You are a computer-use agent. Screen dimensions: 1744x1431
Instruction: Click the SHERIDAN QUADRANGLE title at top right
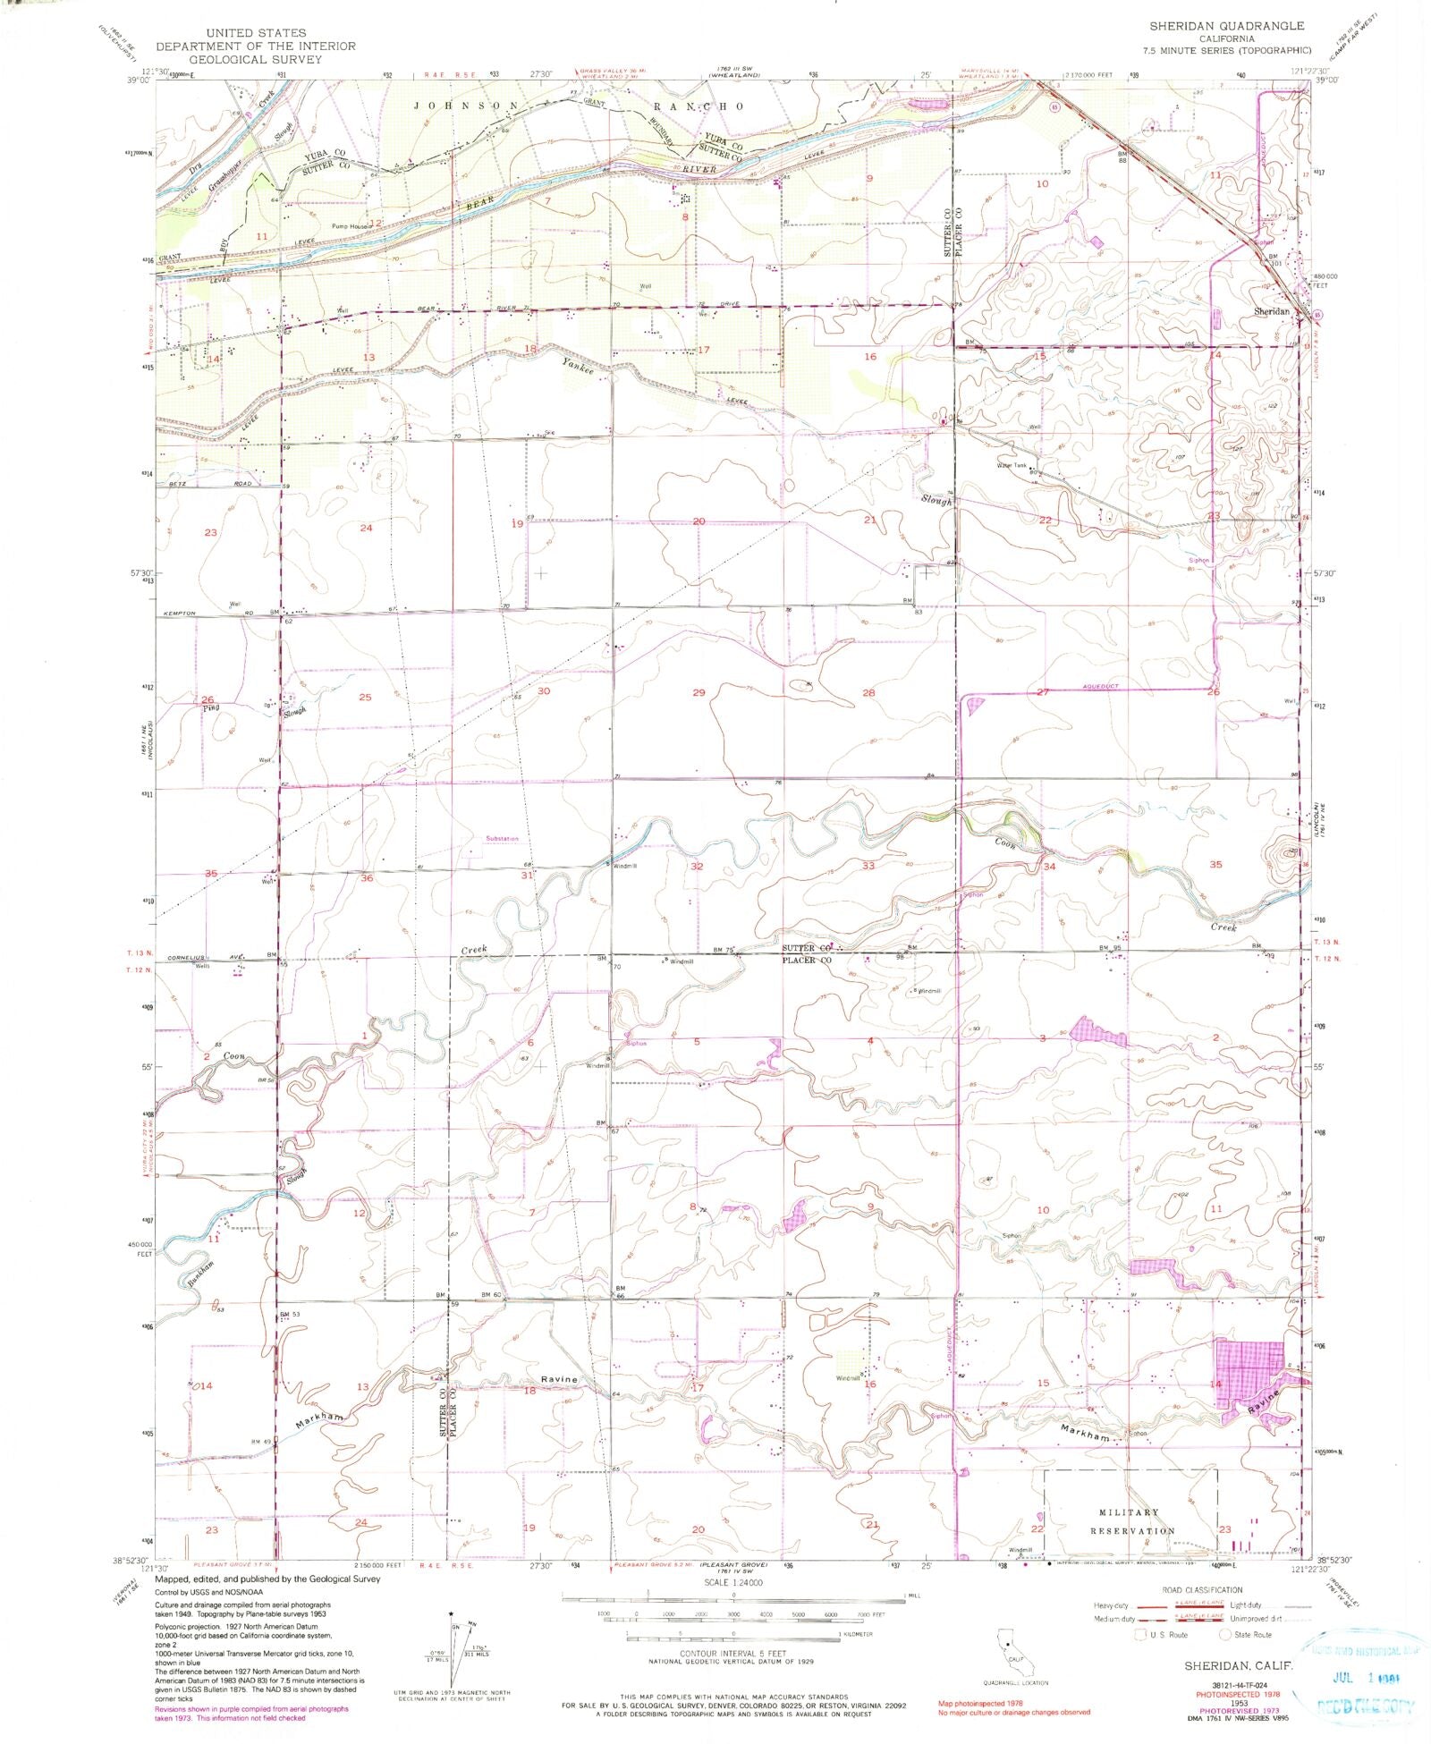click(x=1226, y=27)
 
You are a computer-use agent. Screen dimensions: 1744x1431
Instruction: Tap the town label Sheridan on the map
click(x=1271, y=311)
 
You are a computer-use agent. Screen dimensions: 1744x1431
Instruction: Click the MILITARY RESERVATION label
click(x=1129, y=1521)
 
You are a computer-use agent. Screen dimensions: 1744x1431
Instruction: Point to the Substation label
click(x=502, y=839)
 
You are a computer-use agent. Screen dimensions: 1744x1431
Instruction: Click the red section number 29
click(x=699, y=692)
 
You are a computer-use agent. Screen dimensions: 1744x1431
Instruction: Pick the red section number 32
click(x=697, y=866)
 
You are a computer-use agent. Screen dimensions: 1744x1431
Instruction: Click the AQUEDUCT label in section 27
click(x=1100, y=686)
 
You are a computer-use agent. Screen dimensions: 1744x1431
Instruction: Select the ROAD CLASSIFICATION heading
click(x=1201, y=1589)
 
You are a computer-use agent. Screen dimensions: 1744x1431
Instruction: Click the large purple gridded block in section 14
click(x=1249, y=1372)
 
